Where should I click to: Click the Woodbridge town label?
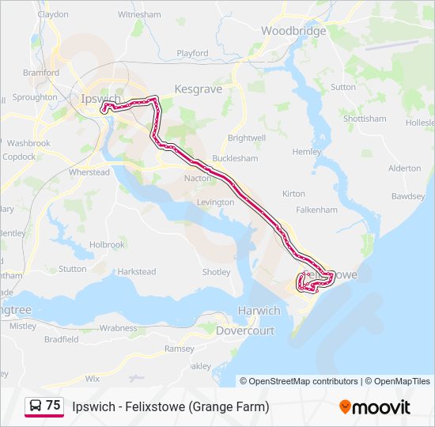[293, 31]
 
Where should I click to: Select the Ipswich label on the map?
[100, 99]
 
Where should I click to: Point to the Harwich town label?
[259, 311]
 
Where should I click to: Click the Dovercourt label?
[245, 331]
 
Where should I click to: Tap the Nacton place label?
[198, 178]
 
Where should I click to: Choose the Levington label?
[215, 202]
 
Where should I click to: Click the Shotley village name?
[216, 272]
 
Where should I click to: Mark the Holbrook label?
[107, 245]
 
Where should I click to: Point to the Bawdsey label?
[408, 195]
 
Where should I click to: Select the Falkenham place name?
[317, 210]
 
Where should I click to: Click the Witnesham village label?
[139, 14]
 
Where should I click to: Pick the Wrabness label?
[119, 327]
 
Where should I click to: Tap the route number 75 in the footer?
[53, 406]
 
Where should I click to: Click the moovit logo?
[375, 407]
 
